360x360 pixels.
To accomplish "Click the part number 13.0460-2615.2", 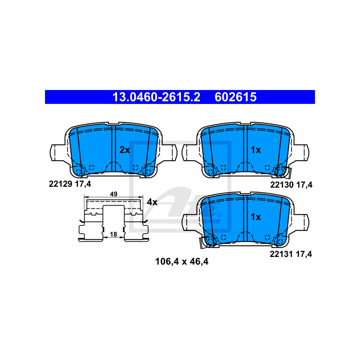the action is [156, 97].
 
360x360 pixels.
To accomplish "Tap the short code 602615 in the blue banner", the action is [235, 97].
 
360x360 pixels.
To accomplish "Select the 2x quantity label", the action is [125, 150].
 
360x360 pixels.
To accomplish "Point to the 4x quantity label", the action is [152, 202].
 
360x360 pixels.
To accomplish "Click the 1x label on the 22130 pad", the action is [256, 150].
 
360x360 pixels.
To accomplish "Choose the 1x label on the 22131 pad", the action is [256, 217].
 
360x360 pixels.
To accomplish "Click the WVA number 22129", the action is [60, 184].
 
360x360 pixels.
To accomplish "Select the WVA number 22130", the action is [282, 184].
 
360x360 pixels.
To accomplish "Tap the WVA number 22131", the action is [281, 254].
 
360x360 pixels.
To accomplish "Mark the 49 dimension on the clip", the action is [114, 194].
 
